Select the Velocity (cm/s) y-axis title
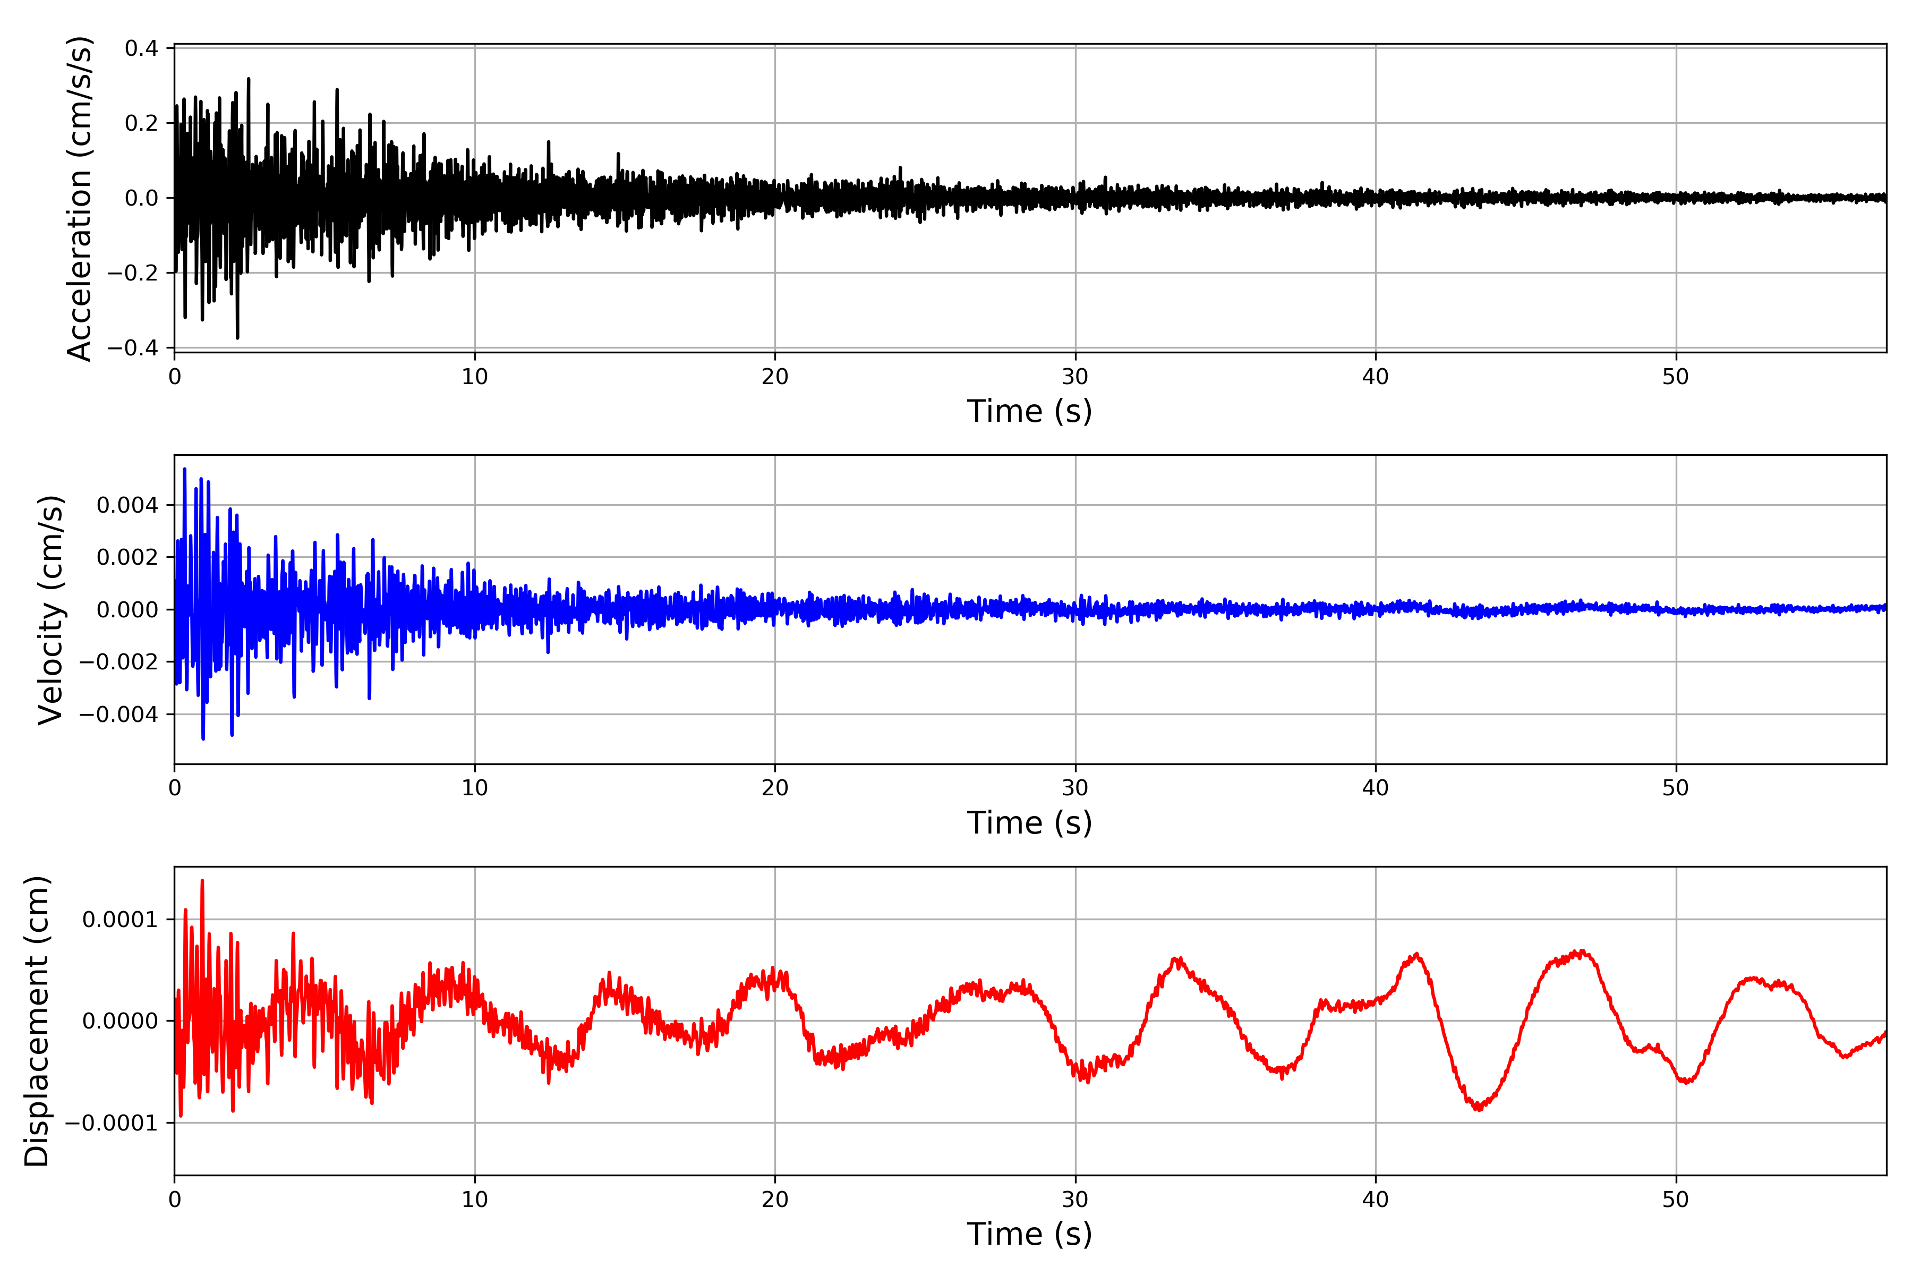[50, 609]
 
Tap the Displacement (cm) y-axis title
[37, 1021]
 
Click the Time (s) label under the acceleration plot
[1029, 411]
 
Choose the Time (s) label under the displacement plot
[1029, 1234]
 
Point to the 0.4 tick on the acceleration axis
[141, 49]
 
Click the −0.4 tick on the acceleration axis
[133, 348]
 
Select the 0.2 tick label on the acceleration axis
[141, 124]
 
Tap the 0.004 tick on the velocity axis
[127, 506]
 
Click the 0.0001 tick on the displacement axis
[121, 920]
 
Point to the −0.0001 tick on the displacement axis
[112, 1123]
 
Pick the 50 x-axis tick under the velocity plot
[1676, 788]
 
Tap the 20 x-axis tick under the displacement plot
[775, 1200]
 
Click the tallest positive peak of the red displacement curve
[202, 881]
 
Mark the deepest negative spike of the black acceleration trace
[237, 337]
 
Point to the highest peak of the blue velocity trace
[184, 469]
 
